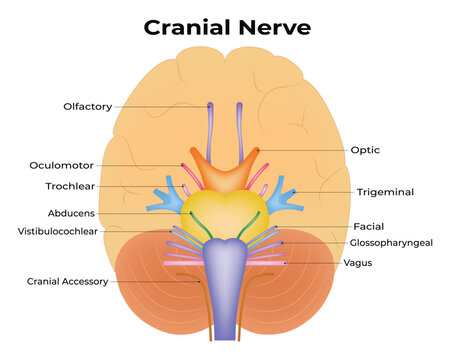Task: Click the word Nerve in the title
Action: pos(271,27)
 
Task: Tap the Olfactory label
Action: pos(88,106)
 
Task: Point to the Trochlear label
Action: pos(72,186)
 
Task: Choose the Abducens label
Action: pos(71,213)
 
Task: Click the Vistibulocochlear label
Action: pos(59,231)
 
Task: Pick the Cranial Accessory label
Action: pos(67,282)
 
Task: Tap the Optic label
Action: pos(364,150)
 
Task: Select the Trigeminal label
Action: pos(385,191)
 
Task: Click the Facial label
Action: pos(368,227)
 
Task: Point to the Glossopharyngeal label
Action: pos(391,243)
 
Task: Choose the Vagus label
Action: pos(358,263)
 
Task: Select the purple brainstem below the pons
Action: pos(225,285)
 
